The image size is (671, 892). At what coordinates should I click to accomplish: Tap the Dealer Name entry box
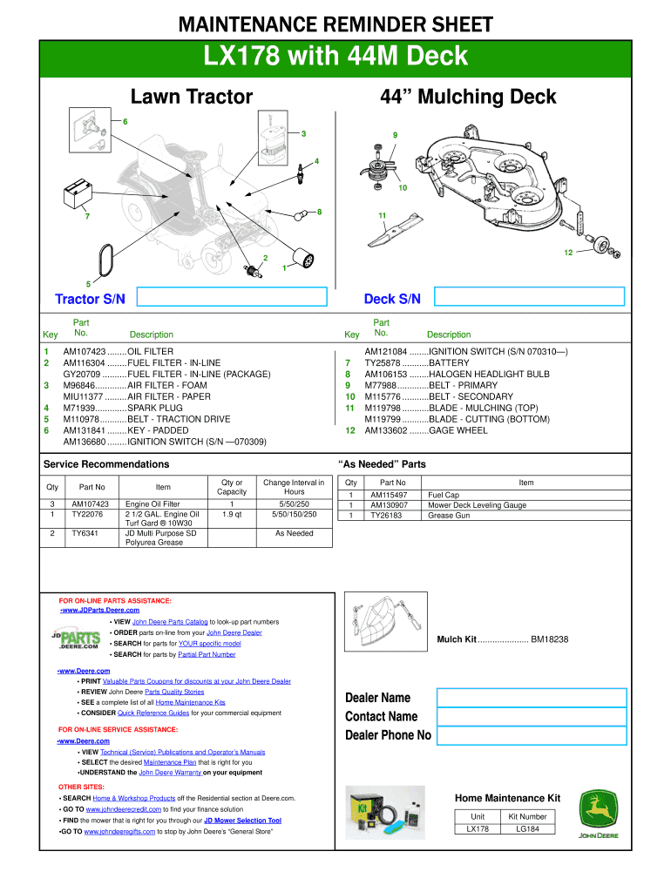pyautogui.click(x=532, y=698)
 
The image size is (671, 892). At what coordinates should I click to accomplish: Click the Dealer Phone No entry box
pyautogui.click(x=532, y=735)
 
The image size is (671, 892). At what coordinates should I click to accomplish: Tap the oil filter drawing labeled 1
pyautogui.click(x=305, y=260)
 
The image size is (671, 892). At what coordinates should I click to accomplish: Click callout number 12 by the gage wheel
pyautogui.click(x=567, y=253)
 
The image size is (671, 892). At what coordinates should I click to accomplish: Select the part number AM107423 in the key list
pyautogui.click(x=85, y=352)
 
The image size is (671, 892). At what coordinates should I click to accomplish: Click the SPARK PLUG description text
pyautogui.click(x=155, y=408)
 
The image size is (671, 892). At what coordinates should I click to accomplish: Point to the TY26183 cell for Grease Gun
pyautogui.click(x=390, y=515)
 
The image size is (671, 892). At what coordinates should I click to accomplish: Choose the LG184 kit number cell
pyautogui.click(x=533, y=829)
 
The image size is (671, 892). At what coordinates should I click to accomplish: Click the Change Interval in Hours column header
pyautogui.click(x=294, y=487)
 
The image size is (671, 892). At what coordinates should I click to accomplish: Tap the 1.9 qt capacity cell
pyautogui.click(x=231, y=514)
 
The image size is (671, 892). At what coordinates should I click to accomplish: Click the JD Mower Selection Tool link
pyautogui.click(x=243, y=821)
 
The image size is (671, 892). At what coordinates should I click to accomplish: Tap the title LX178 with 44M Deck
pyautogui.click(x=335, y=57)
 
